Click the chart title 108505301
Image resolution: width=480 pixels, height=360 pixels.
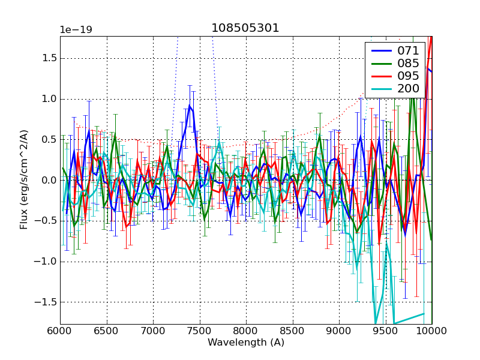[245, 28]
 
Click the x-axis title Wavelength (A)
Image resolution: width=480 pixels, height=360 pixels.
[246, 343]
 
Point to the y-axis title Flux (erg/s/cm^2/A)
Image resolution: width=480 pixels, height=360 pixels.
[24, 180]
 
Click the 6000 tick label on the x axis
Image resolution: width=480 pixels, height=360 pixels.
[60, 331]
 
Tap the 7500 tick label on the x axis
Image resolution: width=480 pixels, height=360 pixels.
[199, 331]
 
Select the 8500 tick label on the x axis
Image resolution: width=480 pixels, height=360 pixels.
[292, 331]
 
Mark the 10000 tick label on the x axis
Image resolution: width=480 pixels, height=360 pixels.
[431, 331]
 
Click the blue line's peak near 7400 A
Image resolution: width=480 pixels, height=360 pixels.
[190, 106]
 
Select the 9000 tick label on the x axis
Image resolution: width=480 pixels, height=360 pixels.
[339, 331]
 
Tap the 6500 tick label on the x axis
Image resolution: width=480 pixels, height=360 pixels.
[106, 331]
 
